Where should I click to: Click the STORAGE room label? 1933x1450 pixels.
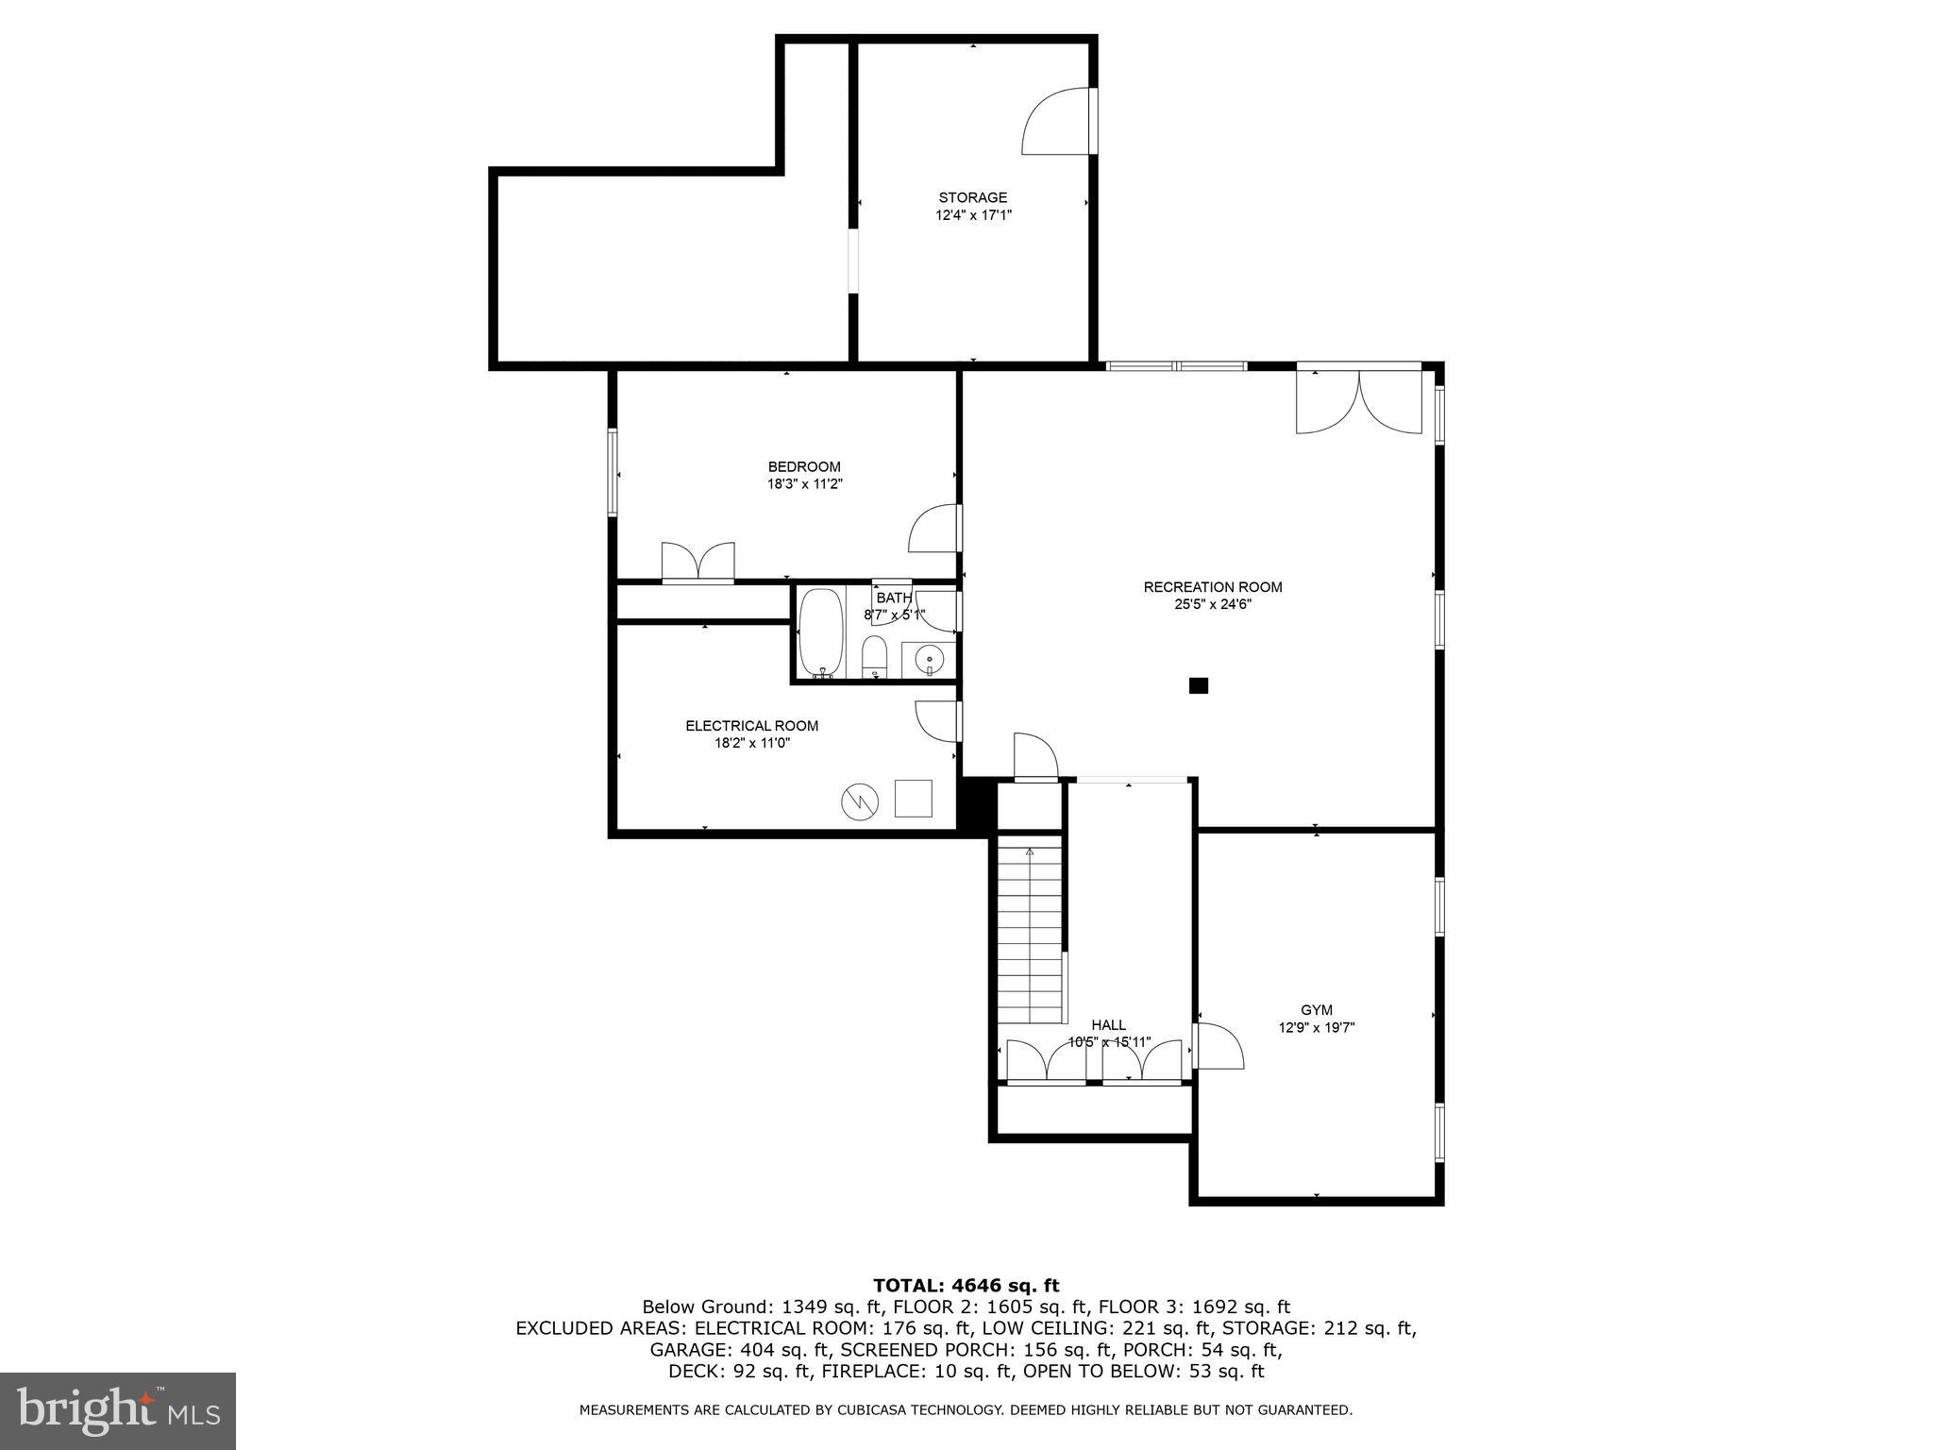[x=972, y=197]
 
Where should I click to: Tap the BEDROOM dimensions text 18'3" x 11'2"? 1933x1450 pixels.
[x=803, y=484]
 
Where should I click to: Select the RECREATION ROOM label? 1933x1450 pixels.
[x=1212, y=587]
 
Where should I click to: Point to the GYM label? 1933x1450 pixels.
[x=1316, y=1010]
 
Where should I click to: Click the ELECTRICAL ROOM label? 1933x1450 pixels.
[x=751, y=726]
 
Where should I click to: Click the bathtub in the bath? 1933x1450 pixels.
[x=821, y=632]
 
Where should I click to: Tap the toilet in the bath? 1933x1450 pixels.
[x=875, y=656]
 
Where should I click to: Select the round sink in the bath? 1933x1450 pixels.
[x=930, y=658]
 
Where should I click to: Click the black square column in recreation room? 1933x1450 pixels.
[x=1198, y=686]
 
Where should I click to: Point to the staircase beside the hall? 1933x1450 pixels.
[x=1030, y=935]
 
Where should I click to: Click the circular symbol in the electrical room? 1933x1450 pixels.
[x=860, y=801]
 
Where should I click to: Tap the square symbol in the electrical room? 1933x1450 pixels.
[x=913, y=798]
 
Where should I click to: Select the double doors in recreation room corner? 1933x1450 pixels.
[x=1358, y=401]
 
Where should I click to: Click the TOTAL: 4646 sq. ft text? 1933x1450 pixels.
[x=966, y=1285]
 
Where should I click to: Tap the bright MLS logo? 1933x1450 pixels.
[x=118, y=1411]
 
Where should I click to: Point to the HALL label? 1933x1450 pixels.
[x=1108, y=1025]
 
